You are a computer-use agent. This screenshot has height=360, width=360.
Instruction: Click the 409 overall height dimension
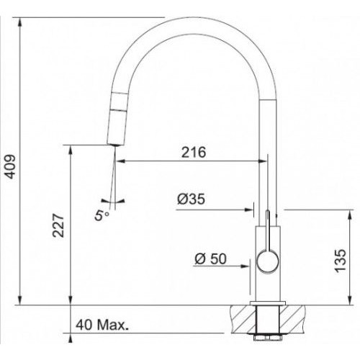coord(10,167)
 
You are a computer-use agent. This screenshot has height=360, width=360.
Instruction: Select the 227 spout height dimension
coord(58,225)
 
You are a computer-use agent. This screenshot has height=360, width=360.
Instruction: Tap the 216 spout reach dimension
coord(194,152)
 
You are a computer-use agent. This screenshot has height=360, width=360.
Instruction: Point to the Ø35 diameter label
coord(191,199)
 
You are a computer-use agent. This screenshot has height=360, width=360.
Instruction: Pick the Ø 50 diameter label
coord(210,258)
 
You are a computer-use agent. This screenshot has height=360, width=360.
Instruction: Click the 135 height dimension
coord(341,261)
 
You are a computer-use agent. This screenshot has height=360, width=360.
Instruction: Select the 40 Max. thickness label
coord(102,325)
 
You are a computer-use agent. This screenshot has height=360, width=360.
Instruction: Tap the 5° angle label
coord(102,215)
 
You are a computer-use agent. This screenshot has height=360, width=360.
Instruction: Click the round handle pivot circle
coord(268,261)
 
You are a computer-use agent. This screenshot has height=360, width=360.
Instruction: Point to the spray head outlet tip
coord(115,145)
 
